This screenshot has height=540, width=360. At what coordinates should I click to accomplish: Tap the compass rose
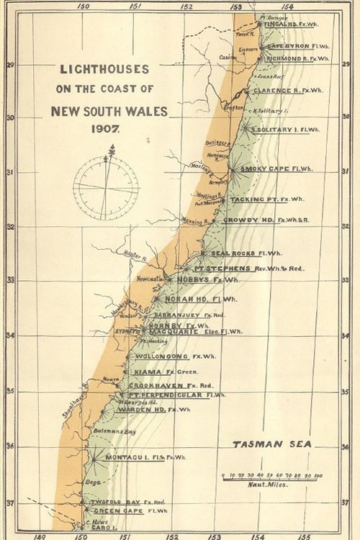pyautogui.click(x=106, y=186)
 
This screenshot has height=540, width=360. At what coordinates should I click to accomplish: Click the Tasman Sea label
pyautogui.click(x=271, y=444)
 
